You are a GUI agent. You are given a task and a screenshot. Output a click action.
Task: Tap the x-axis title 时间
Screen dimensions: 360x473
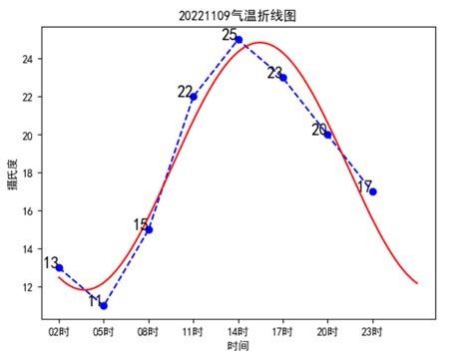click(237, 346)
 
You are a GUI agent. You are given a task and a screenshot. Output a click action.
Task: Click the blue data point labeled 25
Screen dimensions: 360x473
click(238, 40)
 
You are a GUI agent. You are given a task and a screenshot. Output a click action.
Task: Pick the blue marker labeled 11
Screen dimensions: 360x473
click(104, 305)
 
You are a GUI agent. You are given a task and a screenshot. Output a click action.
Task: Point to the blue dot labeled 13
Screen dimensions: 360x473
click(59, 267)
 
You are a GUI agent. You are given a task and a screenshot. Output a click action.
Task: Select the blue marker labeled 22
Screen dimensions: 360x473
click(194, 97)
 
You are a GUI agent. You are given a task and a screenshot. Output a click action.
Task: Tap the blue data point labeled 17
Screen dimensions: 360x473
click(372, 191)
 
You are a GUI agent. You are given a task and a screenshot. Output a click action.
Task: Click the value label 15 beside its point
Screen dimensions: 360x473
click(141, 225)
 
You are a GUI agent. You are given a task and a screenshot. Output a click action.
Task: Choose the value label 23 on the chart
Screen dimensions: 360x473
click(274, 73)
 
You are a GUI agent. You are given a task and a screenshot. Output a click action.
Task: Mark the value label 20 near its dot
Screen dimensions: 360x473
click(319, 130)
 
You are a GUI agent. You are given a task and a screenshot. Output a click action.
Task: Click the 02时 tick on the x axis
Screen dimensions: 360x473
click(59, 330)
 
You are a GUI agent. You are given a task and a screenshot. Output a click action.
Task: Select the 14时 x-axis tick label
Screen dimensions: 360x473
click(238, 330)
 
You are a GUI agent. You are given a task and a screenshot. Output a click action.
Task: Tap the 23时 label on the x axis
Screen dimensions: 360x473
click(372, 330)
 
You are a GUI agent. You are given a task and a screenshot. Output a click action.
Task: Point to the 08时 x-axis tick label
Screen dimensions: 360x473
click(149, 330)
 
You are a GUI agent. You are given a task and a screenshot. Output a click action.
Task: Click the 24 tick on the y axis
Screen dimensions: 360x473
click(28, 59)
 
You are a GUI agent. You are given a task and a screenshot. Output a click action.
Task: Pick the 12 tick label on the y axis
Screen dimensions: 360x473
click(28, 287)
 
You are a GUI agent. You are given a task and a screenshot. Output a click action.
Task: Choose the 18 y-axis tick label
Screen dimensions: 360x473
click(28, 174)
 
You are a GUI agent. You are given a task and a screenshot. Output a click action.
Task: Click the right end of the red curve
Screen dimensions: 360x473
click(416, 284)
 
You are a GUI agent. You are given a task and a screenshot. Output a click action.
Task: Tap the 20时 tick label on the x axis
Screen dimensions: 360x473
click(327, 330)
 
